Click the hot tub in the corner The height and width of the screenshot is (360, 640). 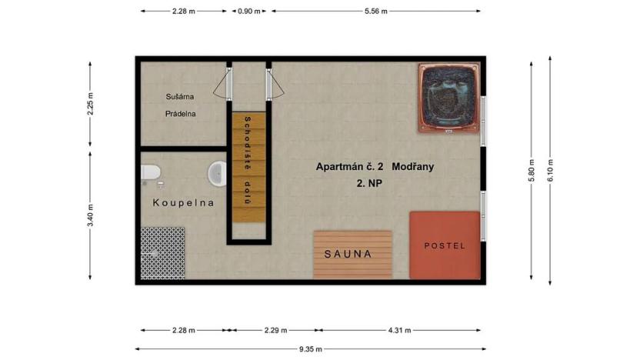click(x=449, y=97)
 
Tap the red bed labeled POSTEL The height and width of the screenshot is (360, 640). click(x=445, y=245)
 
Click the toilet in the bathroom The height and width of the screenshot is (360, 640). click(x=152, y=173)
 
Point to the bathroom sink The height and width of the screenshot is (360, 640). click(x=216, y=173)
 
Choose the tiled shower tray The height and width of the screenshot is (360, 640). click(x=163, y=252)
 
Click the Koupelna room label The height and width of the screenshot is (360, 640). click(x=183, y=203)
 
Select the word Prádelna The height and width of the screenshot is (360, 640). click(x=181, y=114)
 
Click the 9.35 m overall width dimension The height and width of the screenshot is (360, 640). click(x=312, y=348)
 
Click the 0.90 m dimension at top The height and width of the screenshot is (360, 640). click(x=249, y=12)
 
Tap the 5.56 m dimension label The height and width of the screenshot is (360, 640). click(x=375, y=12)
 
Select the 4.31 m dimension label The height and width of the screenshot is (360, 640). click(x=400, y=331)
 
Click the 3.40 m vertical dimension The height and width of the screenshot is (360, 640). click(x=90, y=215)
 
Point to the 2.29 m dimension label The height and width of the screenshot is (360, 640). click(x=275, y=331)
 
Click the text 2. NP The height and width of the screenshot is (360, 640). click(x=369, y=183)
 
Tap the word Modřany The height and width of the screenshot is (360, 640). click(x=414, y=166)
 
